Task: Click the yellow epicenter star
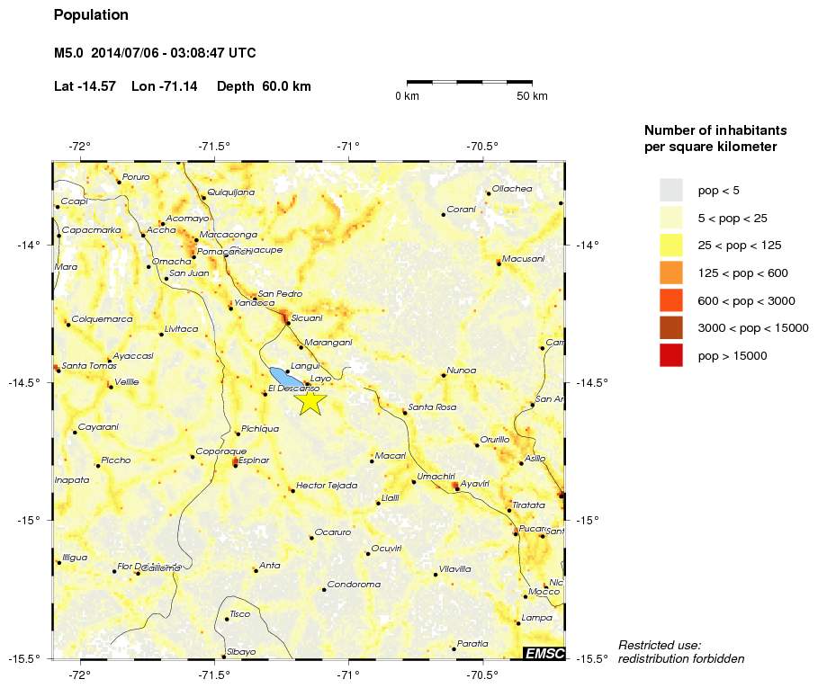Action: [310, 402]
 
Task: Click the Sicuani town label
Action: [307, 317]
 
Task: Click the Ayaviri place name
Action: [475, 484]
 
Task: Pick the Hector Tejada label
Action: [327, 485]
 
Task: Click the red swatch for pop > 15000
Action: [671, 356]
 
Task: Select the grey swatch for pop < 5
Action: [671, 190]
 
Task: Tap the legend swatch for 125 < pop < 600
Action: [671, 273]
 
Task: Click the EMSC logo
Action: [544, 653]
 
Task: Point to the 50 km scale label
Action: [532, 96]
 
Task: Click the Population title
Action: [91, 15]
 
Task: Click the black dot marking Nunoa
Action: [444, 375]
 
